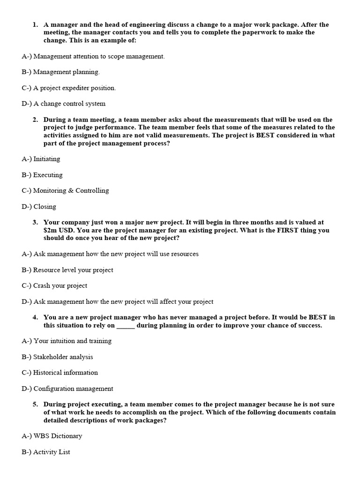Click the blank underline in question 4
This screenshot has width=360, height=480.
click(125, 325)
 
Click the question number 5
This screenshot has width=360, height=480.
click(35, 404)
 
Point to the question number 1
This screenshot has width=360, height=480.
click(35, 24)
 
